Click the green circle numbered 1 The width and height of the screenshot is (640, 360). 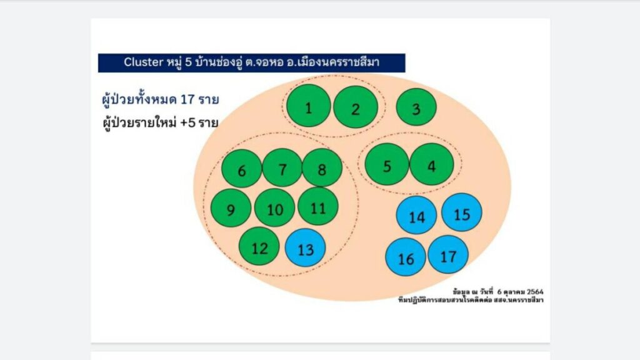(x=309, y=106)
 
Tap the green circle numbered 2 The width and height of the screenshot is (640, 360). (x=356, y=107)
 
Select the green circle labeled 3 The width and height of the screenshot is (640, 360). (x=416, y=107)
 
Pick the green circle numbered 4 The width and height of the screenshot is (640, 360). (x=432, y=164)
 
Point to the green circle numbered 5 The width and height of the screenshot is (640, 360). (x=387, y=164)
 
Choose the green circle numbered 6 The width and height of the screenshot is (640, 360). (x=242, y=169)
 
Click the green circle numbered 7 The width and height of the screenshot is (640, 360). (x=282, y=167)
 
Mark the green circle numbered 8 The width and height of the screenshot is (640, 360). (x=322, y=167)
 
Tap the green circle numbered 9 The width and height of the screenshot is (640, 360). (x=231, y=207)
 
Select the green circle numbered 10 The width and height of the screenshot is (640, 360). (x=275, y=207)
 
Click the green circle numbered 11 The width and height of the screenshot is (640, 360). (x=318, y=206)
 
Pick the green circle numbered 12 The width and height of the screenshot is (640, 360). (x=259, y=246)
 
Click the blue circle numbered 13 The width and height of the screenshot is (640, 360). (x=305, y=247)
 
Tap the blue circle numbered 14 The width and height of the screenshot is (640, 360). (x=416, y=215)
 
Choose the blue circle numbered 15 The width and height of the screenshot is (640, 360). (x=462, y=212)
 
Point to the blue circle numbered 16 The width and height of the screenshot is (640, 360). (x=406, y=257)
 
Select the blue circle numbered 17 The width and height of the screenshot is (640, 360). (x=448, y=255)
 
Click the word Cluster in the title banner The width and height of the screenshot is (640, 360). (x=144, y=62)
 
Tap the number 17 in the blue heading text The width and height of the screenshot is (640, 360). (x=187, y=99)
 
